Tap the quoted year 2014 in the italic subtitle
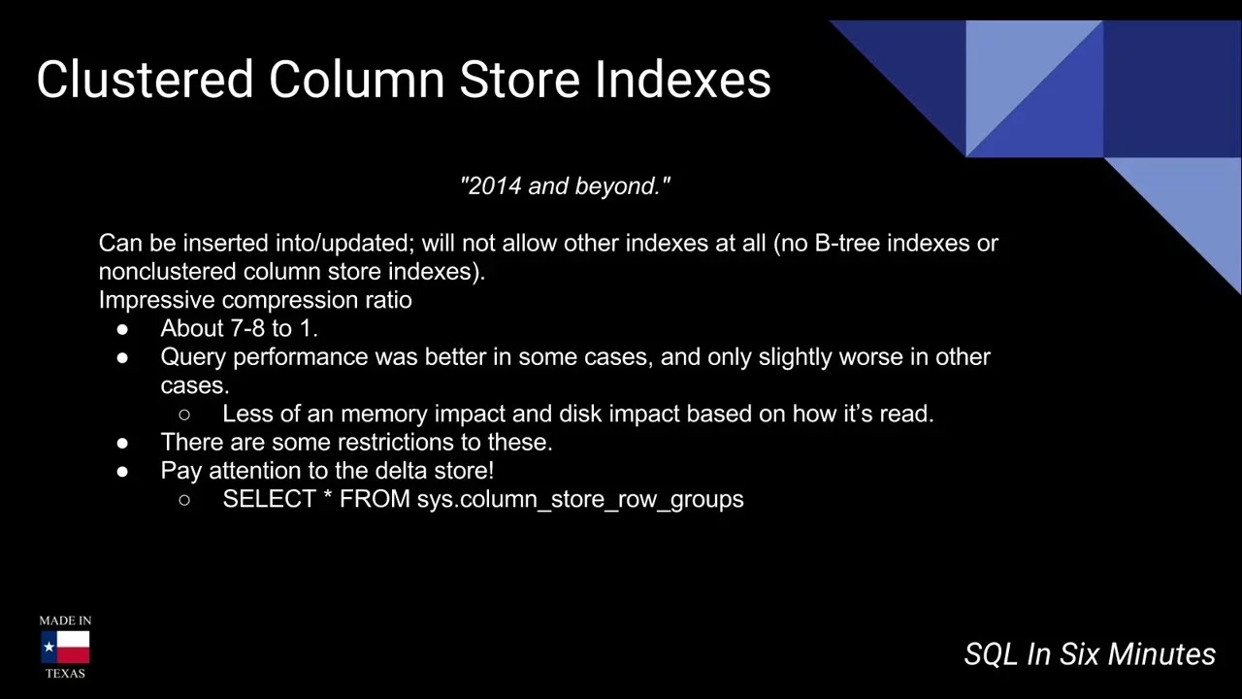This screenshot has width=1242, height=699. (x=494, y=185)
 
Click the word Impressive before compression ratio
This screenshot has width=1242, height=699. (x=156, y=300)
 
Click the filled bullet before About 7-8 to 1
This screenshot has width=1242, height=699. (x=122, y=329)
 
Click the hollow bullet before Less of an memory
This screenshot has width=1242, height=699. (x=184, y=415)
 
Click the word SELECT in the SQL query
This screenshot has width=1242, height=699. (x=270, y=499)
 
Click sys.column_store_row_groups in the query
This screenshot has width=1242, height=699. (x=580, y=500)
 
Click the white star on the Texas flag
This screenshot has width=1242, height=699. (x=49, y=647)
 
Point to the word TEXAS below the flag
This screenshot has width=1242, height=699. (x=65, y=674)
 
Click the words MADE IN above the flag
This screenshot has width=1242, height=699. (x=65, y=620)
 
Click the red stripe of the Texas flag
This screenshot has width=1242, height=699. (x=73, y=655)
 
